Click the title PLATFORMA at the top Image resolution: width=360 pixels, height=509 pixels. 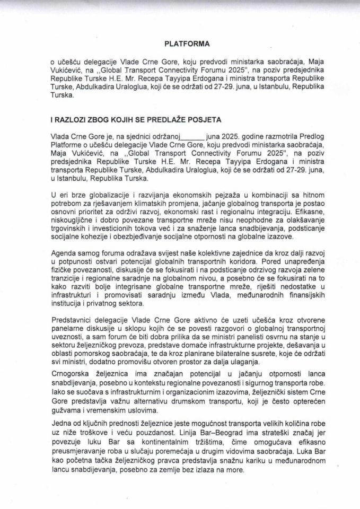(180, 43)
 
